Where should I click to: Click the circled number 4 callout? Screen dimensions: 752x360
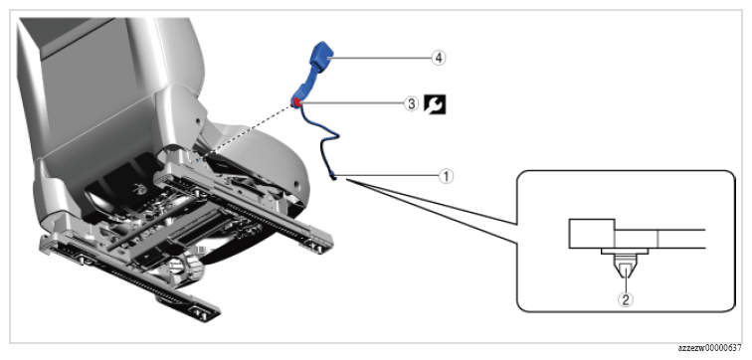(x=438, y=58)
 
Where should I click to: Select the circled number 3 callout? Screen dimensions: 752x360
(x=411, y=103)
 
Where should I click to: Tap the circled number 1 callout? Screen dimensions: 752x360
(x=446, y=177)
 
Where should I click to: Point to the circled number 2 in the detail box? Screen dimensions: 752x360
(x=625, y=300)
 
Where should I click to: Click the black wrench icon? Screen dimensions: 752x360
(x=435, y=104)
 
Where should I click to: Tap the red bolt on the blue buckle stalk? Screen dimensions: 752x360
(x=297, y=101)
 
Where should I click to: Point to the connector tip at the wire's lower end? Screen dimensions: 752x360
(x=334, y=179)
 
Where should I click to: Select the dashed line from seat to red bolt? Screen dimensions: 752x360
(x=250, y=131)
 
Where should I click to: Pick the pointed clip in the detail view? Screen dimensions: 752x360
(x=625, y=270)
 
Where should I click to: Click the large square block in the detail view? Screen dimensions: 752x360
(x=591, y=234)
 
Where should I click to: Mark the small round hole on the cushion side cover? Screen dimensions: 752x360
(x=298, y=183)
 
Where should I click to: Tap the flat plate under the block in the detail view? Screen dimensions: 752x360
(x=625, y=252)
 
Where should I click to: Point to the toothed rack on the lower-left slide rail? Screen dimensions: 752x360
(x=139, y=286)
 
